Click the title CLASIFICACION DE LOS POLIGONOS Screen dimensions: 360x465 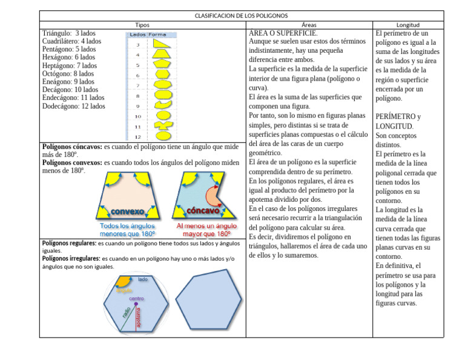point(241,15)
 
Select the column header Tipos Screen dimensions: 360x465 point(142,25)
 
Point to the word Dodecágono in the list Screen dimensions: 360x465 point(61,105)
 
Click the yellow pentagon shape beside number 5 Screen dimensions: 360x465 point(162,64)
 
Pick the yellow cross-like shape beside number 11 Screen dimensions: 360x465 point(162,126)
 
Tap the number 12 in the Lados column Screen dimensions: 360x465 point(137,136)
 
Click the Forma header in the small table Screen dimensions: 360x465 point(157,35)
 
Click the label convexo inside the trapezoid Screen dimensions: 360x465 point(127,212)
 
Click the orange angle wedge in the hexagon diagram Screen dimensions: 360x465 point(124,281)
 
